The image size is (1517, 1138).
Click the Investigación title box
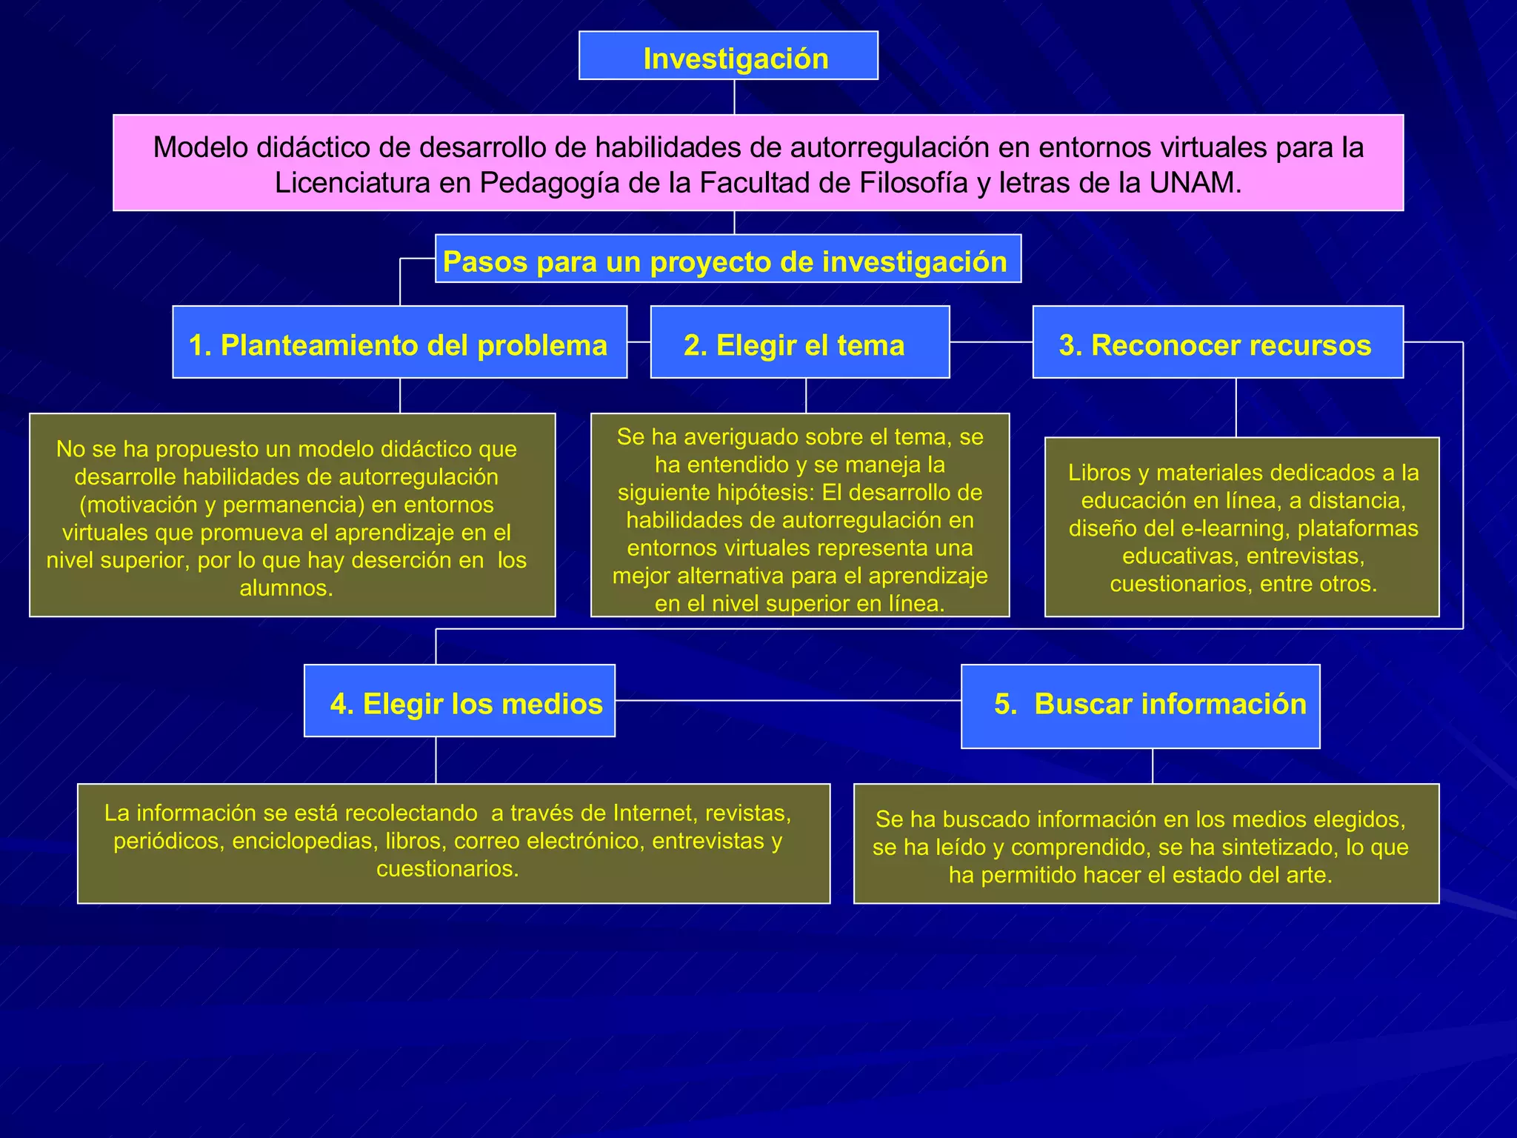[x=728, y=56]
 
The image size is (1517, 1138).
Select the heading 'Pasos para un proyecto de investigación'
[x=727, y=259]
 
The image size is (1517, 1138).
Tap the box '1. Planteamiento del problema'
[x=399, y=343]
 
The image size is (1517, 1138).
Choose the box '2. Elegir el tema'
[x=799, y=343]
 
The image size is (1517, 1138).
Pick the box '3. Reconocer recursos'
[x=1217, y=343]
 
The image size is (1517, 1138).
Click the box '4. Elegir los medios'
[x=459, y=702]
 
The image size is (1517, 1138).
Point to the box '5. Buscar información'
[x=1140, y=706]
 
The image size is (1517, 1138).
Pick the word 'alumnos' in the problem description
[x=285, y=588]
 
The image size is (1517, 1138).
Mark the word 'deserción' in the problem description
[x=401, y=560]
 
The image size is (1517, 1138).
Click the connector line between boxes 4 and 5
[x=787, y=700]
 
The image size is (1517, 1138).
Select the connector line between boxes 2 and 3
[x=991, y=342]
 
